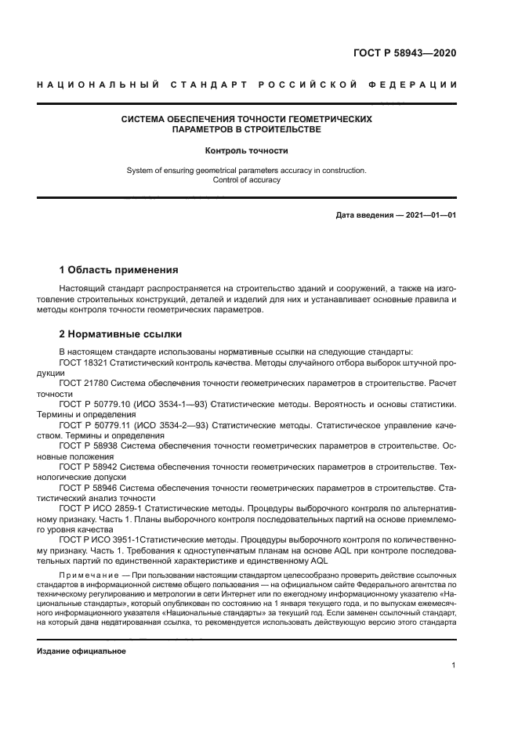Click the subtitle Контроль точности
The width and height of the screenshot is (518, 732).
click(246, 150)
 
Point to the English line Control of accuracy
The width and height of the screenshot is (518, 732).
click(246, 180)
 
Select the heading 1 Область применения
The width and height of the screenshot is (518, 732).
click(119, 270)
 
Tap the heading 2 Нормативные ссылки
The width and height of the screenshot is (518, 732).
click(121, 333)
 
